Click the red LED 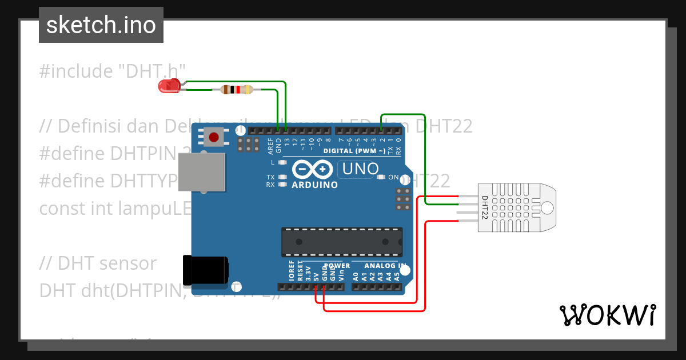point(168,86)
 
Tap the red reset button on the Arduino point(214,137)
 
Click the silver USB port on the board point(202,172)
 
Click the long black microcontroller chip point(341,242)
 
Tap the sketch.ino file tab point(101,25)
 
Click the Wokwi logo point(607,315)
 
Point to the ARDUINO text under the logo point(314,185)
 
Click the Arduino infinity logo point(312,170)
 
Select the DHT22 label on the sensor point(484,208)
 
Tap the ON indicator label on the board point(393,177)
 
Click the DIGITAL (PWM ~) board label point(354,151)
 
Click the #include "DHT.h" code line point(113,71)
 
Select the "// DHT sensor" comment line point(98,263)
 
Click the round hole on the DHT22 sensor point(547,207)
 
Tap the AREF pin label point(270,145)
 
